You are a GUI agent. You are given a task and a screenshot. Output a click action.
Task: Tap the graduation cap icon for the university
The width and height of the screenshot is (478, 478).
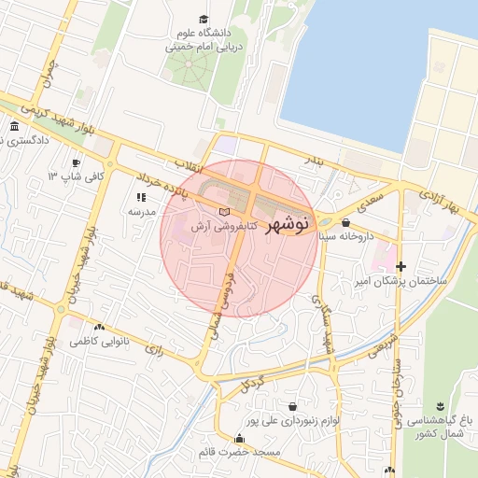(x=204, y=19)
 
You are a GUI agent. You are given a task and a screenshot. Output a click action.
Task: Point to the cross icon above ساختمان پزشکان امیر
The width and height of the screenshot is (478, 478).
(x=401, y=267)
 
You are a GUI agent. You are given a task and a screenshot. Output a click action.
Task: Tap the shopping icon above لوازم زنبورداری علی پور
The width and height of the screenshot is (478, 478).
(x=294, y=407)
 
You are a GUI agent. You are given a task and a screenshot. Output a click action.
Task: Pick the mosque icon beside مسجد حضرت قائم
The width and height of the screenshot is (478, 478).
(x=248, y=438)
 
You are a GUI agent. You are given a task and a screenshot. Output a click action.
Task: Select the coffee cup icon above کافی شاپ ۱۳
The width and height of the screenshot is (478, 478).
(x=76, y=162)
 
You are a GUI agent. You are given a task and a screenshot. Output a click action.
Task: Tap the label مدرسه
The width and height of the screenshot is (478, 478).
(x=140, y=212)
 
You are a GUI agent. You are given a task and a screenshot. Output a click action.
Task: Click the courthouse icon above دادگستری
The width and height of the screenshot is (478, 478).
(x=13, y=126)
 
